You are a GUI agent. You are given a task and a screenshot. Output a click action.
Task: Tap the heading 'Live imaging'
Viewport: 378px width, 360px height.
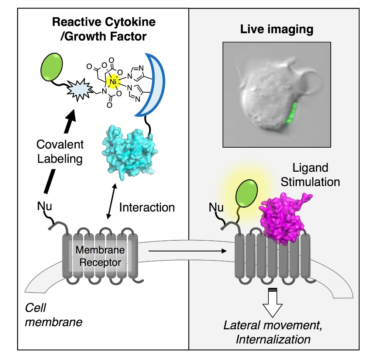tap(276, 30)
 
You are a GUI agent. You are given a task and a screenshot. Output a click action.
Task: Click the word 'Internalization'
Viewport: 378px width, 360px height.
tap(273, 339)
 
